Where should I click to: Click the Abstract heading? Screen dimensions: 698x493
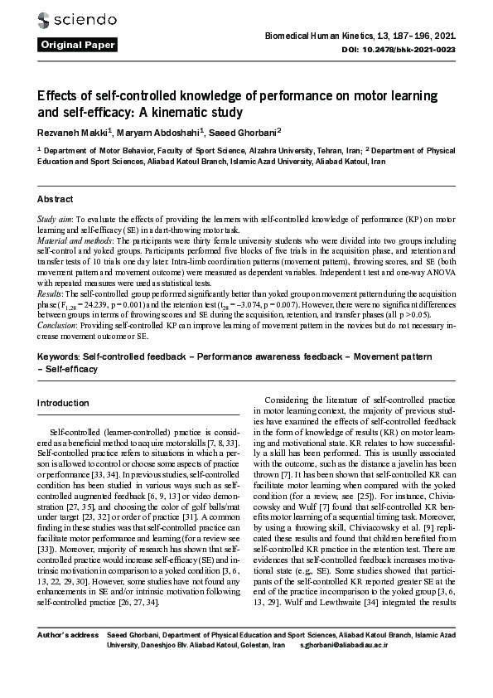click(56, 200)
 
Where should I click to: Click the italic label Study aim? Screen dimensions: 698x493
click(54, 218)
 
